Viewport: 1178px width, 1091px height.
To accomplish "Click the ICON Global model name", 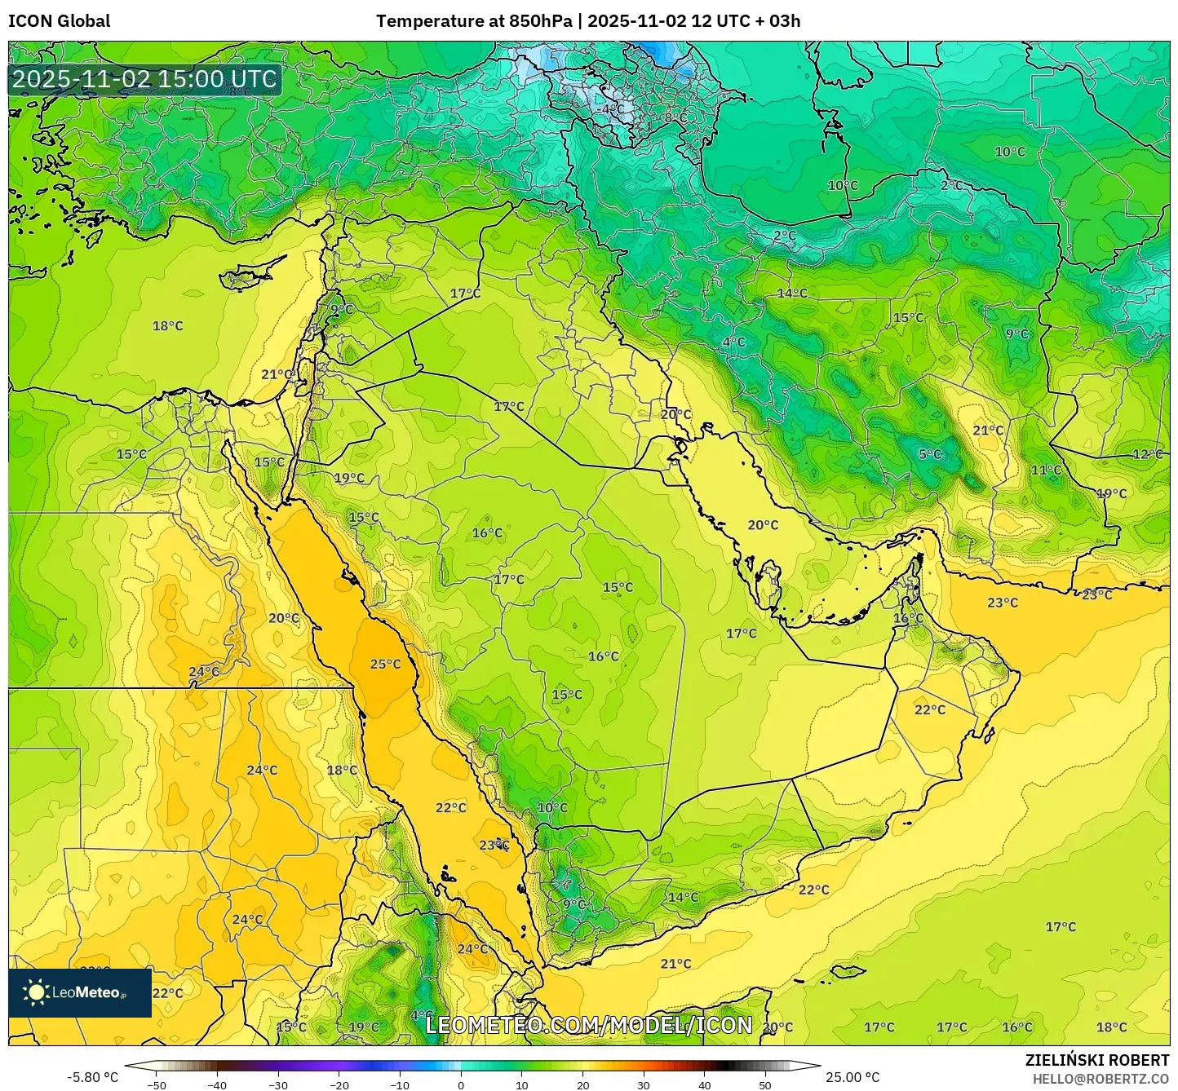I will click(60, 21).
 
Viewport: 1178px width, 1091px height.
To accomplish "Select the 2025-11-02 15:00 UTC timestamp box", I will click(144, 80).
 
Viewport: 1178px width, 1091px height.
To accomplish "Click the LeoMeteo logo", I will click(79, 992).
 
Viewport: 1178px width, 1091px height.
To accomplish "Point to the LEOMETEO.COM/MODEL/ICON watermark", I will click(589, 1025).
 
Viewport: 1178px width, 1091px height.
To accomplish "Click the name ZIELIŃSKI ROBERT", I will click(1096, 1060).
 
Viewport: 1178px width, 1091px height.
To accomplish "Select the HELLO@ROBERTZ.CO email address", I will click(1100, 1078).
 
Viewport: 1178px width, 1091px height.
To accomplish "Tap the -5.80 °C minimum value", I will click(92, 1077).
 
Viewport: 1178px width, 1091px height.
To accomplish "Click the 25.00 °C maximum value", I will click(852, 1077).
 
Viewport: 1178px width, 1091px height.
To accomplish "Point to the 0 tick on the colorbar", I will click(461, 1084).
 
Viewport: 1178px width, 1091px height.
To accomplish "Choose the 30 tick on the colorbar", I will click(644, 1084).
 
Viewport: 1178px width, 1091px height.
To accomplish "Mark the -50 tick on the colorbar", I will click(156, 1084).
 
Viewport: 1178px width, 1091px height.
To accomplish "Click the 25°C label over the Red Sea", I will click(385, 664).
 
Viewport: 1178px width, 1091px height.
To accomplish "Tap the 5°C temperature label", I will click(930, 454).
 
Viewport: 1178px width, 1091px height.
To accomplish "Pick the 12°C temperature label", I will click(1147, 454).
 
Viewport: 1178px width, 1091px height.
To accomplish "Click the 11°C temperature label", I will click(1046, 470).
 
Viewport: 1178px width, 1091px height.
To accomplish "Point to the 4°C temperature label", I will click(733, 342).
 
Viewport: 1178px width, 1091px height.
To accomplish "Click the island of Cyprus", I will click(251, 274).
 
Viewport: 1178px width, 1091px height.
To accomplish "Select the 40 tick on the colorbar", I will click(705, 1084).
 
